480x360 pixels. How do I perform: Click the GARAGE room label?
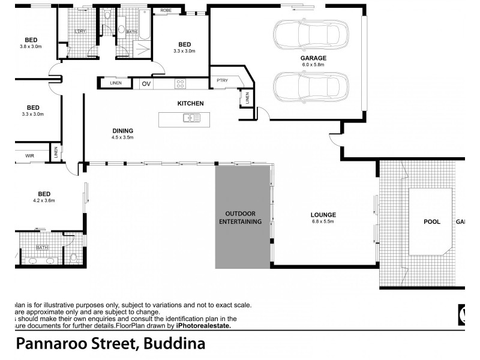point(313,58)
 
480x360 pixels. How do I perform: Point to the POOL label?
point(431,221)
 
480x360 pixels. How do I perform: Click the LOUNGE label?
point(323,215)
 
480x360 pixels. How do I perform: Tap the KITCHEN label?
point(190,103)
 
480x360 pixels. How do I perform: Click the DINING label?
point(122,131)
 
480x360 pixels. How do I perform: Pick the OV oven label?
point(146,83)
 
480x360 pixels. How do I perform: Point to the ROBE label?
point(166,10)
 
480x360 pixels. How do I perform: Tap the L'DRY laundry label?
point(79,31)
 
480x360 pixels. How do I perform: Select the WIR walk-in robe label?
point(29,155)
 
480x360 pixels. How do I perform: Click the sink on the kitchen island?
point(191,118)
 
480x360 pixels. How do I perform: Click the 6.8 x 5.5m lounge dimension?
point(323,222)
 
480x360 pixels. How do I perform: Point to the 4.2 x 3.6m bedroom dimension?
point(44,200)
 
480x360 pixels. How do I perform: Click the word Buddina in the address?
point(174,344)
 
